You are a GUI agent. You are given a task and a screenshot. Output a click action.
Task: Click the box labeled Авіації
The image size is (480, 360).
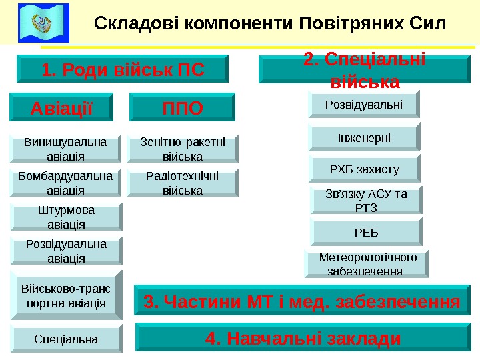62,107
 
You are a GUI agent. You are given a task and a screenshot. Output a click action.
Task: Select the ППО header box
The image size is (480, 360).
183,107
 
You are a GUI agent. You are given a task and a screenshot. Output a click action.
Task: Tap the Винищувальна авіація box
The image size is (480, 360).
65,149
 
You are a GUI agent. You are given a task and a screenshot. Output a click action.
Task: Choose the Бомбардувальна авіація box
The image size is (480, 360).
65,182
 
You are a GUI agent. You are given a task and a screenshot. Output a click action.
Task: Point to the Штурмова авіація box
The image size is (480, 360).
65,217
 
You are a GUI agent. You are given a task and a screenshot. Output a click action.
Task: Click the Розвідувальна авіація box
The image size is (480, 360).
65,250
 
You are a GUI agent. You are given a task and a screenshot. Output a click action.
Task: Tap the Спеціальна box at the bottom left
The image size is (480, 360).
65,339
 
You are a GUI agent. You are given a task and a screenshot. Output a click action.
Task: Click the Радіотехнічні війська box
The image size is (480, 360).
182,182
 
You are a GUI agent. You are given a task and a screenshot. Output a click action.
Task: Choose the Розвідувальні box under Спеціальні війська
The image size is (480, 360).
363,105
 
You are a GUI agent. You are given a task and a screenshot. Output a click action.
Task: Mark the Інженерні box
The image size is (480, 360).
363,137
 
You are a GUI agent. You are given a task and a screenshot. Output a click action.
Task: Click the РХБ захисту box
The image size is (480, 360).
364,169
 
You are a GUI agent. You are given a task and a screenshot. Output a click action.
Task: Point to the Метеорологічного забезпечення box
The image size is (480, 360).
367,264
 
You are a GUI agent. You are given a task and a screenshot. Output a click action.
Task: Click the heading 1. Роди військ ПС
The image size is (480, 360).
122,69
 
